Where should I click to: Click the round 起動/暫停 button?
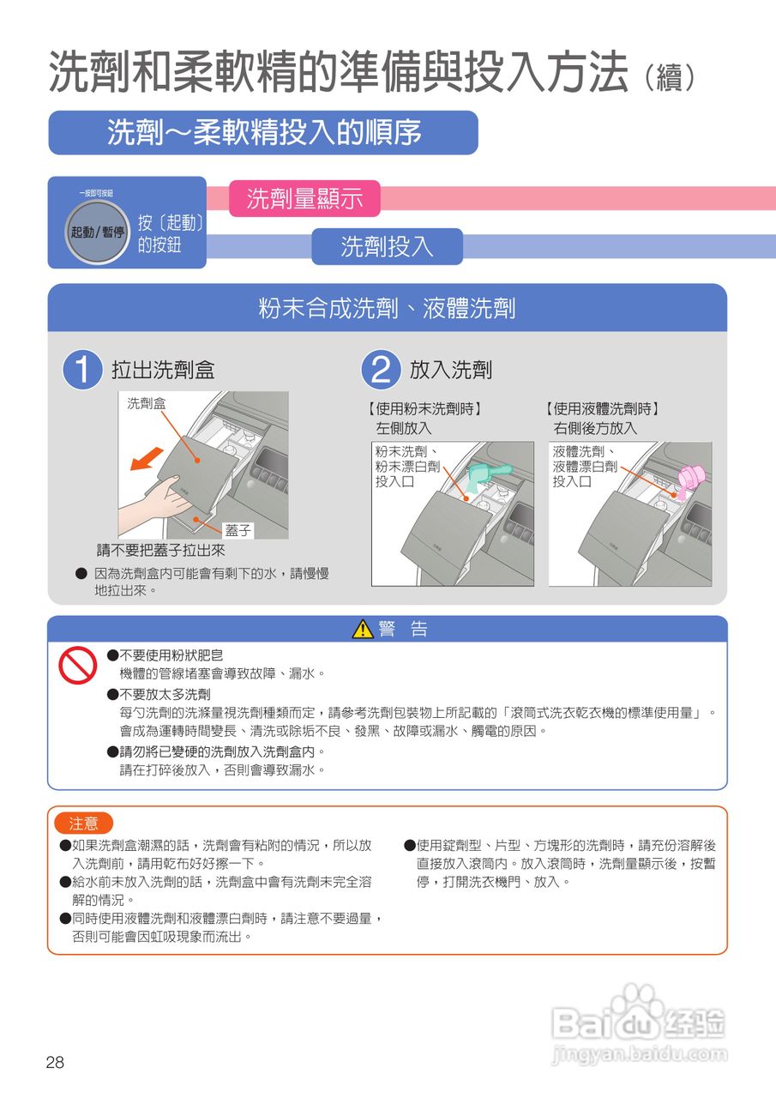(x=97, y=232)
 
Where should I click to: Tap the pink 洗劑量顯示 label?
(x=304, y=198)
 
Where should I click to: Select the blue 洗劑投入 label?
(x=387, y=246)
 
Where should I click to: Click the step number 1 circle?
(x=82, y=370)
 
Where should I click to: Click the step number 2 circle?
(x=381, y=370)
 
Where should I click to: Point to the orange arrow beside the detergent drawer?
(x=146, y=458)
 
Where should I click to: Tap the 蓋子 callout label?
(x=238, y=530)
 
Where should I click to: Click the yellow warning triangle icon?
(x=363, y=629)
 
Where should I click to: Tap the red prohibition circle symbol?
(x=77, y=665)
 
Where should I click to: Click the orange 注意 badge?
(x=83, y=823)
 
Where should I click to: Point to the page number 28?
(x=55, y=1062)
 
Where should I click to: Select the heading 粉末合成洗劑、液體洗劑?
(x=387, y=308)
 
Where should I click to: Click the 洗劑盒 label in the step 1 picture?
(x=147, y=403)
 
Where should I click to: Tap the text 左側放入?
(x=403, y=428)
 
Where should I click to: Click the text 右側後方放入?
(x=595, y=428)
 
